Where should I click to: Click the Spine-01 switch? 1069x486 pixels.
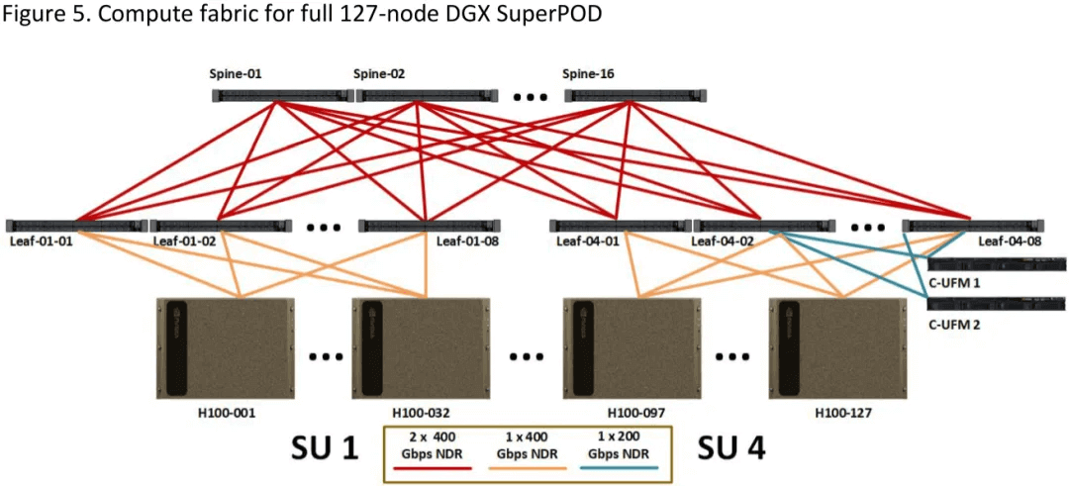(x=282, y=95)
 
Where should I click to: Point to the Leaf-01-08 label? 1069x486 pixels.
(x=466, y=240)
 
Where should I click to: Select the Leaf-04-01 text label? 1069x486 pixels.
(x=587, y=240)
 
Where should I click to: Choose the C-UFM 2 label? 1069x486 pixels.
(x=954, y=324)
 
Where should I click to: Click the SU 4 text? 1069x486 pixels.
(x=731, y=447)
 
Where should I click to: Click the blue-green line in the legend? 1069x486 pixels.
(x=624, y=466)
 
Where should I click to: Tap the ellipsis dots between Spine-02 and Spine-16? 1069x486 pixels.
(x=530, y=97)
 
